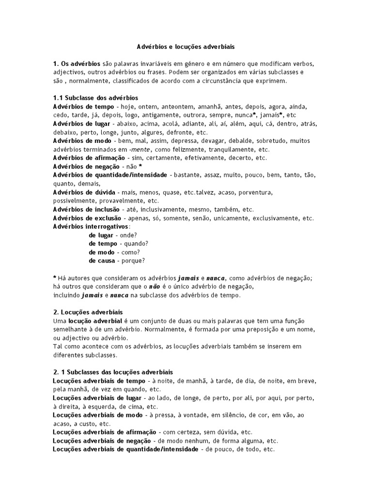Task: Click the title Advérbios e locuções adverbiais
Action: (186, 47)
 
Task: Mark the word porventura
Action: (255, 192)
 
